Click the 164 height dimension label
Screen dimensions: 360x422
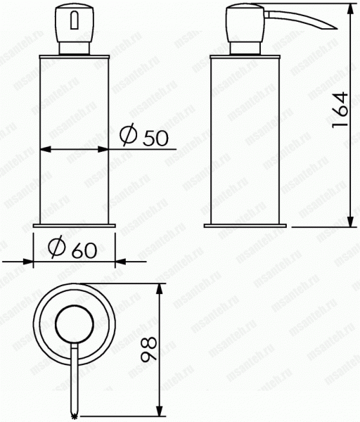tap(340, 110)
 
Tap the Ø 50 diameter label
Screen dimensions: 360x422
tap(144, 136)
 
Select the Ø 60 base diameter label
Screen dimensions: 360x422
tap(72, 247)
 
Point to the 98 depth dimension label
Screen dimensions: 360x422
tap(148, 349)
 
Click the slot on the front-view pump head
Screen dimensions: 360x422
tap(75, 20)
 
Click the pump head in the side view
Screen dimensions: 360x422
tap(245, 23)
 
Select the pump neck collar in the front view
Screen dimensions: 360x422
tap(75, 49)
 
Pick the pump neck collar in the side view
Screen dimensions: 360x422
tap(245, 49)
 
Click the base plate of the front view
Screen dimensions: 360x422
tap(75, 226)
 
